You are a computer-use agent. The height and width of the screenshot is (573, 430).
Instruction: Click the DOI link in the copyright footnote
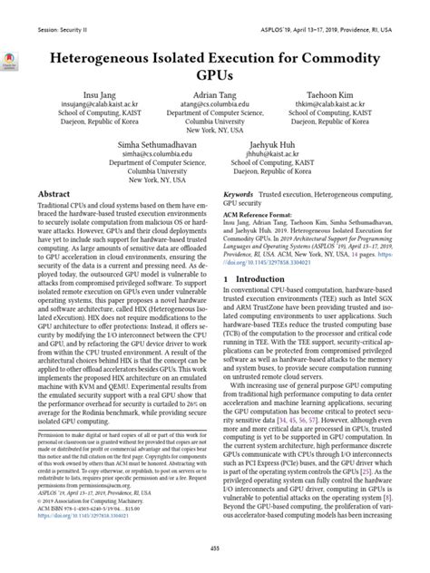tap(85, 525)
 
